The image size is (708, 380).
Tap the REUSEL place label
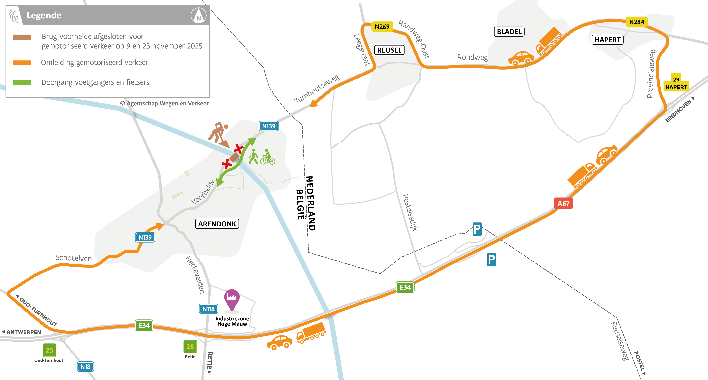[x=389, y=50]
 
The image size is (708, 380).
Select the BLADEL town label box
[x=509, y=32]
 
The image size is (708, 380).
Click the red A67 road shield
[x=563, y=203]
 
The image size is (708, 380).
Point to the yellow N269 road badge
[x=382, y=27]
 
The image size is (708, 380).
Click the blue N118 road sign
[x=208, y=309]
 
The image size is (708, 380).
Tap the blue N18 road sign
[x=86, y=367]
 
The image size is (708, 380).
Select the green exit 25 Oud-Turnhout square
[x=50, y=350]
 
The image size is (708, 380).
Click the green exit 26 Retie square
[x=190, y=346]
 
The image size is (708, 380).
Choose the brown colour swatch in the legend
[x=22, y=37]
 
